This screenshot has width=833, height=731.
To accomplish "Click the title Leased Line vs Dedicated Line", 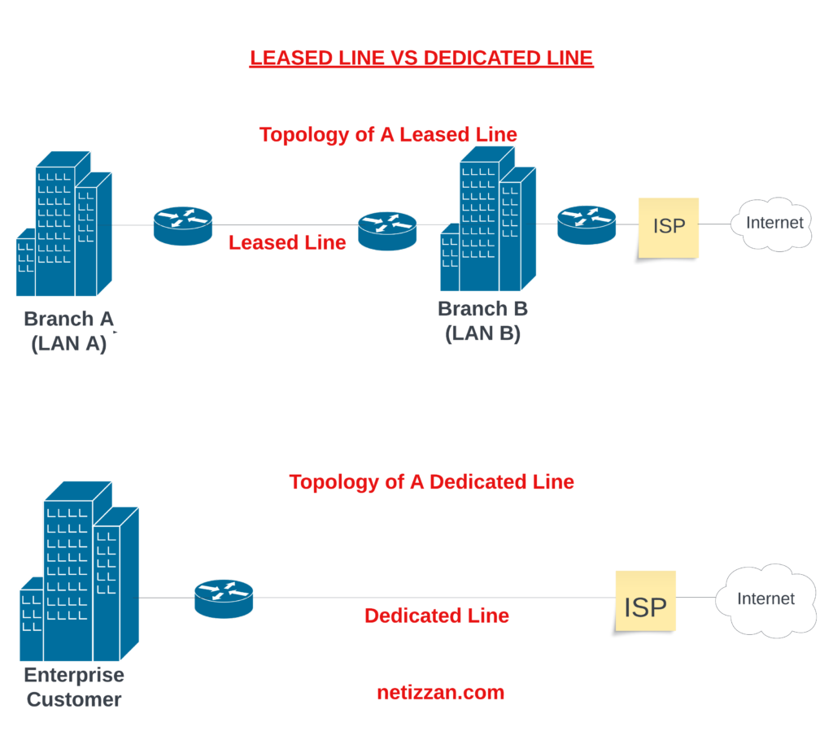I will [x=421, y=59].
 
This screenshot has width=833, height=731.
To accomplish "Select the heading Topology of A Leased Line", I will [x=388, y=134].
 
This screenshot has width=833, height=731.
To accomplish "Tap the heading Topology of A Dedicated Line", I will [x=431, y=482].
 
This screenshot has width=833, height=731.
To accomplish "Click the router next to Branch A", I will [x=183, y=225].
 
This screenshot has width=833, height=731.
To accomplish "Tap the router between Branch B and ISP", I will [x=587, y=224].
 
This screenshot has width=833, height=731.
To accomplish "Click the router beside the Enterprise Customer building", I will [x=224, y=598].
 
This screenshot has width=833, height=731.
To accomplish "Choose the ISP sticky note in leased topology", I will [x=669, y=227].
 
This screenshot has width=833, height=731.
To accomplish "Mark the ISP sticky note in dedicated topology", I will [x=645, y=602].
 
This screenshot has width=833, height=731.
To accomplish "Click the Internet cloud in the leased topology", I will [x=774, y=223].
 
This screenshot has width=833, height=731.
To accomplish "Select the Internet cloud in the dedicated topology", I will [x=765, y=599].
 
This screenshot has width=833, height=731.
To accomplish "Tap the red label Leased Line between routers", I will [x=287, y=242].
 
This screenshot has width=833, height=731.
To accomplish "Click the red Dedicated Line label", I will [x=437, y=616].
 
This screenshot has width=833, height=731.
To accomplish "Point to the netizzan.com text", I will [x=440, y=693].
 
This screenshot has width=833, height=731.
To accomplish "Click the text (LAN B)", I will [x=482, y=333].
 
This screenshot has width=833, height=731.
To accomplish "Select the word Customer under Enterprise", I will [x=74, y=699].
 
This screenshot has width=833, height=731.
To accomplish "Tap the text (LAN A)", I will [x=69, y=343].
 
